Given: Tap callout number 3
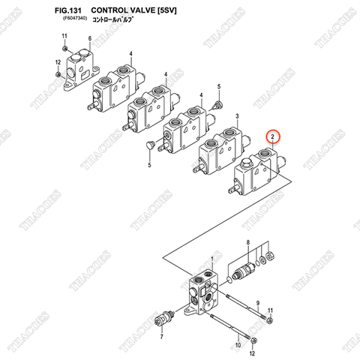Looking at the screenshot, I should (237, 116).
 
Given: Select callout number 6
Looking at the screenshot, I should (89, 38).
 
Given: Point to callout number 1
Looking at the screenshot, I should (212, 259).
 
